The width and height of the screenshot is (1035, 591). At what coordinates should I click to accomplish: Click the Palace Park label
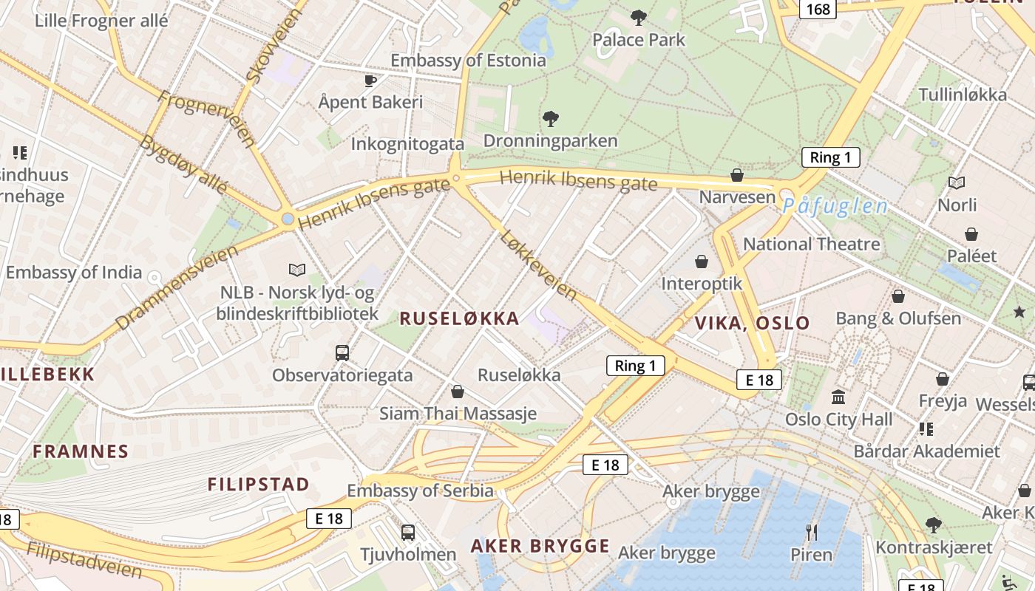pyautogui.click(x=639, y=40)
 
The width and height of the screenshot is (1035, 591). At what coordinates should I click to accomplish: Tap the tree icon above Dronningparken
pyautogui.click(x=550, y=118)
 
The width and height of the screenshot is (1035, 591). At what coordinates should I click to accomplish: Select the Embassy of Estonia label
pyautogui.click(x=468, y=61)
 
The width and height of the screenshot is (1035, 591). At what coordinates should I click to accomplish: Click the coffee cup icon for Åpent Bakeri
pyautogui.click(x=370, y=81)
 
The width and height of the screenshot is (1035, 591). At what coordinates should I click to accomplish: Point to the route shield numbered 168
pyautogui.click(x=818, y=9)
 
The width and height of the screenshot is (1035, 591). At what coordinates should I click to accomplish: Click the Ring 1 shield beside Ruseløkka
pyautogui.click(x=635, y=365)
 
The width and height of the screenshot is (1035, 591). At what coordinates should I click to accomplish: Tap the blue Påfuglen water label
pyautogui.click(x=835, y=206)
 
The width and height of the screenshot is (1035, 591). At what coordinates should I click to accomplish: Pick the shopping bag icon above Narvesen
pyautogui.click(x=736, y=175)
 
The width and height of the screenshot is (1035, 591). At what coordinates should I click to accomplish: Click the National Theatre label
pyautogui.click(x=811, y=244)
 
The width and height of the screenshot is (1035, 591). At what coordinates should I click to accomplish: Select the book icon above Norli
pyautogui.click(x=957, y=182)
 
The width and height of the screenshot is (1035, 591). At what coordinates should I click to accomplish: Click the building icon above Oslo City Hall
pyautogui.click(x=838, y=397)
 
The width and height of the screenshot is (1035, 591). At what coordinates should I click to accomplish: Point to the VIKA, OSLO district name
pyautogui.click(x=753, y=323)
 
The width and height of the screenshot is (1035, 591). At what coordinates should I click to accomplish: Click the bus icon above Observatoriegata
pyautogui.click(x=342, y=353)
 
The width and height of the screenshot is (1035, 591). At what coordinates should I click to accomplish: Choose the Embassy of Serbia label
pyautogui.click(x=420, y=491)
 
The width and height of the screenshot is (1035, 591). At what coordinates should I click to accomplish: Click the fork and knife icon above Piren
pyautogui.click(x=811, y=532)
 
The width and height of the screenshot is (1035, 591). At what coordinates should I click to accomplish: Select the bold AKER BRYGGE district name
pyautogui.click(x=540, y=547)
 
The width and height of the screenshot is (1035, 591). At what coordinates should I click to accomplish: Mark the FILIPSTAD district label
pyautogui.click(x=258, y=485)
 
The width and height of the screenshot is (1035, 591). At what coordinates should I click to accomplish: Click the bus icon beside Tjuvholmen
pyautogui.click(x=407, y=532)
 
